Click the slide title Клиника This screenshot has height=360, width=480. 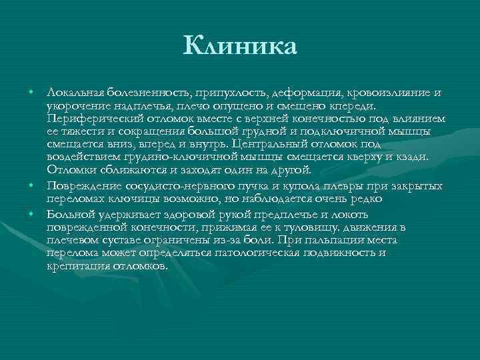tap(240, 47)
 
